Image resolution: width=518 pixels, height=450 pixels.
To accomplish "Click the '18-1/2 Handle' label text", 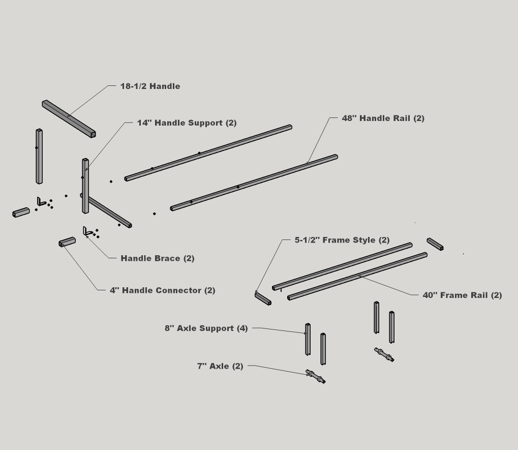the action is [x=150, y=86].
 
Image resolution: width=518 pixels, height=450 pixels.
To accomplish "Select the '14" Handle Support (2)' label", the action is [x=187, y=123].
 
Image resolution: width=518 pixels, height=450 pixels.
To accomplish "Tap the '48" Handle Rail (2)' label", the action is [x=383, y=118].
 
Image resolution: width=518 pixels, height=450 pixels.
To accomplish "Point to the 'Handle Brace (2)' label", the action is [x=157, y=258].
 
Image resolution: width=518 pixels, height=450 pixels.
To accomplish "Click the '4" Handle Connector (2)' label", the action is [x=163, y=290].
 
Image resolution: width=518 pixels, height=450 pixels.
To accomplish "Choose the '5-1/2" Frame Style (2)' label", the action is [x=342, y=240].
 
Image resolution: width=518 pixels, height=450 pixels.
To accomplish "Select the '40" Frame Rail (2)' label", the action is [x=462, y=295].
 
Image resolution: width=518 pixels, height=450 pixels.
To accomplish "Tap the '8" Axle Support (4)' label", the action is [x=206, y=328].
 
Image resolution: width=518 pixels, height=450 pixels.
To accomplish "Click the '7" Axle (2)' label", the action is [x=220, y=366].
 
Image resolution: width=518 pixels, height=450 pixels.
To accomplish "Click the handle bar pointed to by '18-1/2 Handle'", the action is [x=69, y=118].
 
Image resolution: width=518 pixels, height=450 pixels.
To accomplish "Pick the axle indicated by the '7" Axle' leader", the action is [x=316, y=377].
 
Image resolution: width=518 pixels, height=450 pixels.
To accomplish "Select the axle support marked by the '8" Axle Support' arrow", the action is [x=308, y=339].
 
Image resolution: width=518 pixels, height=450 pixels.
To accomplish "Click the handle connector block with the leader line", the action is [x=67, y=242].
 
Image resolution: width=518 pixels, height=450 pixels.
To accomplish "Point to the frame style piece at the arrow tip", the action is [x=263, y=298].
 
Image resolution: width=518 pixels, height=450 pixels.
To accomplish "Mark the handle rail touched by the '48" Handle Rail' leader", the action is [x=254, y=183].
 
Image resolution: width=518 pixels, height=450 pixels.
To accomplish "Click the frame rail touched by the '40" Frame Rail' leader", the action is [x=357, y=276].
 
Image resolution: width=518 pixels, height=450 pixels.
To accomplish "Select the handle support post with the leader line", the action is [x=85, y=186].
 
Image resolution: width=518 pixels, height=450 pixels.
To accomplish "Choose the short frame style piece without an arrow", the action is [x=435, y=244].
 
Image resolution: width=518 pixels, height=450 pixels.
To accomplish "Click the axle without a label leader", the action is [x=384, y=354].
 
